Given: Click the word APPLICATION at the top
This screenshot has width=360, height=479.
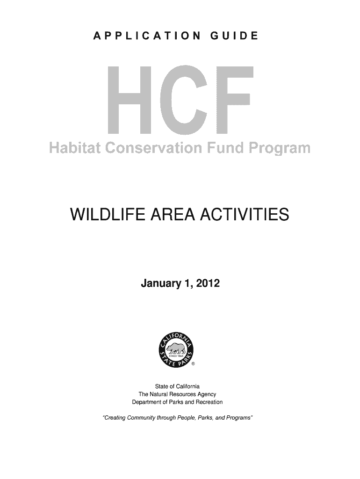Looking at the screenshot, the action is [147, 36].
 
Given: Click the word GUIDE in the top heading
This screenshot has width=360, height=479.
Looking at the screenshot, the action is [234, 36].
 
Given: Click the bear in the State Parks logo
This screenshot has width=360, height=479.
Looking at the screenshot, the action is [176, 348].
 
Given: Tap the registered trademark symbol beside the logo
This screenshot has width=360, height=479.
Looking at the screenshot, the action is [193, 364].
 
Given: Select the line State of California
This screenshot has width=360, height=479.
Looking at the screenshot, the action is [177, 386].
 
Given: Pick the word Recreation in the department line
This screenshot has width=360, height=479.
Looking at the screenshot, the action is [209, 402].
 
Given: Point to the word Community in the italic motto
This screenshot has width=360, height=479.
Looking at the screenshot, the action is [141, 418].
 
